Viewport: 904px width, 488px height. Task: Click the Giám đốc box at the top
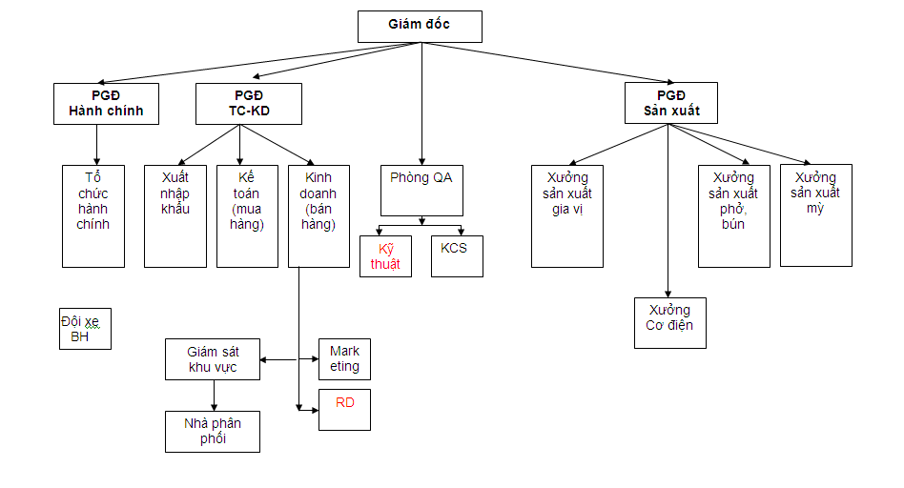[x=420, y=26]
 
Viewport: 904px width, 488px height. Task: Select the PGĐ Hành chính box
[x=106, y=103]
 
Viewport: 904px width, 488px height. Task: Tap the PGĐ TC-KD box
[x=248, y=103]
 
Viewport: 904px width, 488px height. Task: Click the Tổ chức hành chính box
[x=93, y=215]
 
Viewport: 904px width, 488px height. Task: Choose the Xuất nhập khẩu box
[x=175, y=215]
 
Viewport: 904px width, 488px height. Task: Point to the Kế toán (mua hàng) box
[x=247, y=215]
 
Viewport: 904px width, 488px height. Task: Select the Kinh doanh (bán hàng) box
[x=319, y=215]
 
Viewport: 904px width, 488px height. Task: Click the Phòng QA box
[x=421, y=190]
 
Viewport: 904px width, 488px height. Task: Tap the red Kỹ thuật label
[x=385, y=255]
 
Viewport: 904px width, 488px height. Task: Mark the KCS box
[x=456, y=255]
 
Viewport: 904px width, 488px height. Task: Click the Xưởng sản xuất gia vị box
[x=566, y=215]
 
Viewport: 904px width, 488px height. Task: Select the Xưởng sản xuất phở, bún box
[x=733, y=215]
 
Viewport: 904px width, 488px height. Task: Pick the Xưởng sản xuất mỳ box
[x=815, y=214]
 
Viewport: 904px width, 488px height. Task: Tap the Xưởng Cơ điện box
[x=669, y=322]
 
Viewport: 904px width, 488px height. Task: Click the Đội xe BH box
[x=85, y=329]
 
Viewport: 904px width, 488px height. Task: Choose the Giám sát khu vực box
[x=212, y=359]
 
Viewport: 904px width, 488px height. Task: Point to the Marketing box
[x=343, y=359]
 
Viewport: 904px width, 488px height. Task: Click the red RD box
[x=343, y=410]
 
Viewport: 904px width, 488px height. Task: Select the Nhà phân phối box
[x=212, y=431]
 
